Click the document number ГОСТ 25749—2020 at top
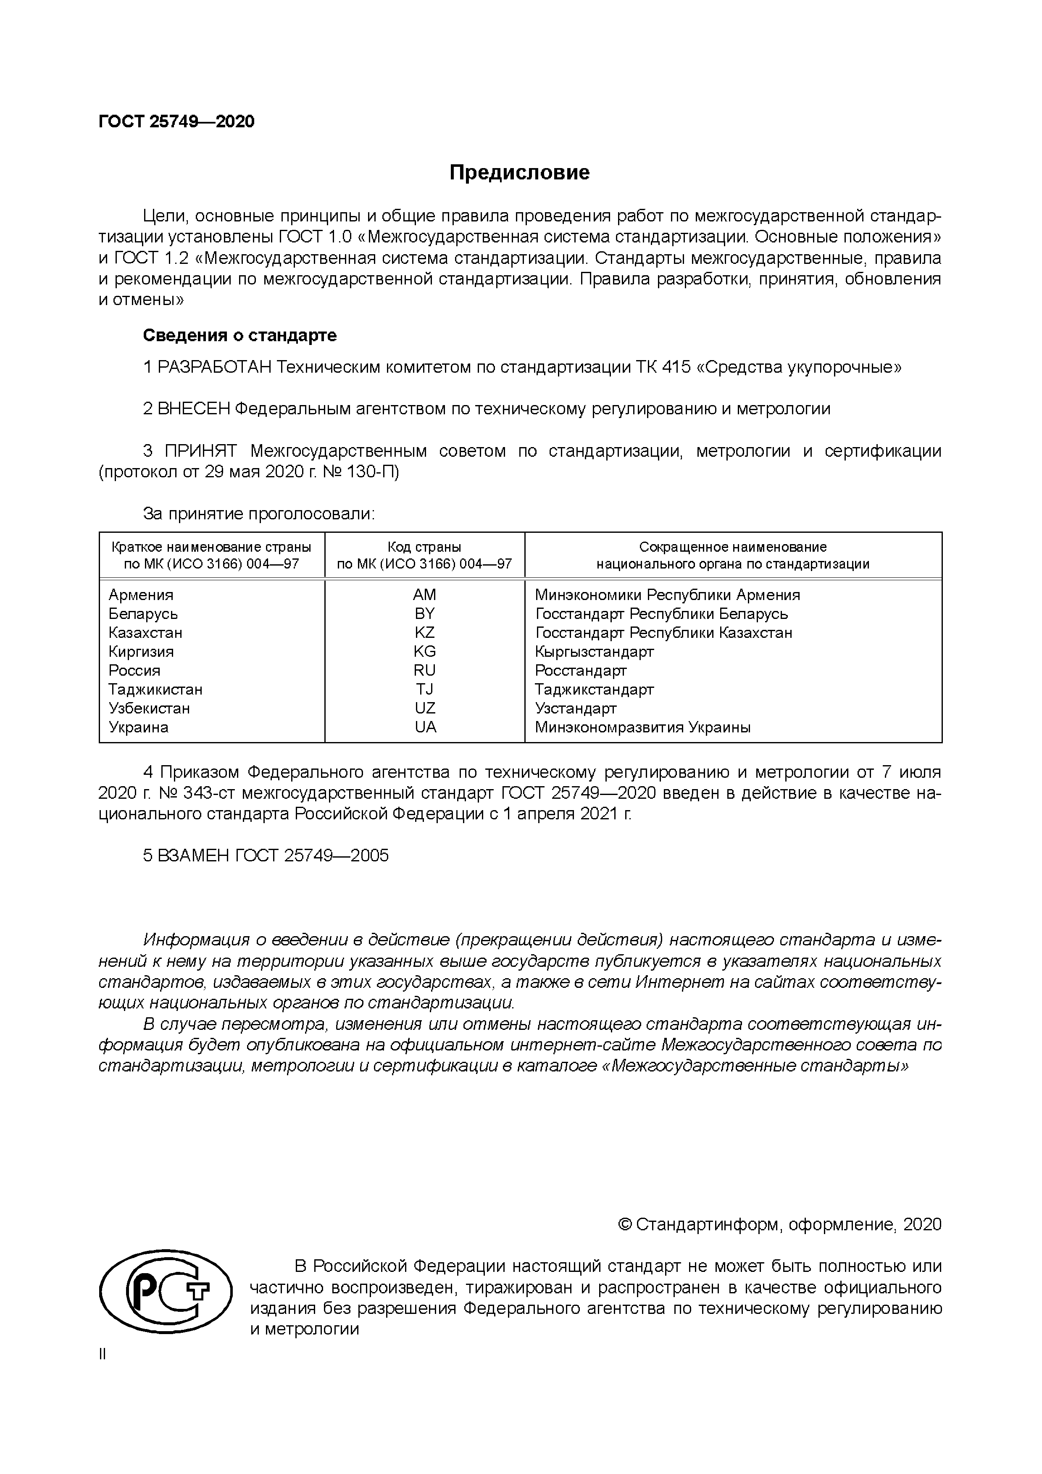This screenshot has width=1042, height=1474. coord(176,121)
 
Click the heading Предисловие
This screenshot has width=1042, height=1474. coord(519,173)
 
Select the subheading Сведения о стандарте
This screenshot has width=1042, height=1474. coord(239,335)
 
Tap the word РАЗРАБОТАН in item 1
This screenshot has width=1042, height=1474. coord(216,367)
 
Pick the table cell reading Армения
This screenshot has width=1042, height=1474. coord(141,595)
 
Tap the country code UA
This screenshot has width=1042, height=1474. coord(425,727)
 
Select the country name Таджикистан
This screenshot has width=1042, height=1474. coord(155,690)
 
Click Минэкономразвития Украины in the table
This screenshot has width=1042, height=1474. coord(642,727)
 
